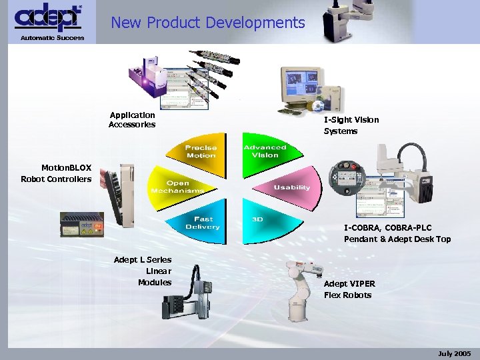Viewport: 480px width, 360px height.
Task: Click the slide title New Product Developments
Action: (207, 23)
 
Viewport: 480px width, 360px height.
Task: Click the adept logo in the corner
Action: (47, 18)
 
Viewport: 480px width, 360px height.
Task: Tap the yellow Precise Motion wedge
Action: (201, 151)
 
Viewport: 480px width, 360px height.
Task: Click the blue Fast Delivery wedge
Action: (203, 223)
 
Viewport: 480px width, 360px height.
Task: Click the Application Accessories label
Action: (132, 120)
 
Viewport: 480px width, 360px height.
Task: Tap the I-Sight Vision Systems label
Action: (351, 125)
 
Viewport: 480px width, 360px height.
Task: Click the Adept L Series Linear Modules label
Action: (143, 271)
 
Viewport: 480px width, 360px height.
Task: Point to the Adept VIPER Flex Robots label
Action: (349, 289)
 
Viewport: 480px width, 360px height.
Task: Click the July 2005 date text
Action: (455, 353)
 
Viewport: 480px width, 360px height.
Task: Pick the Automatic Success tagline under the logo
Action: (52, 37)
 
